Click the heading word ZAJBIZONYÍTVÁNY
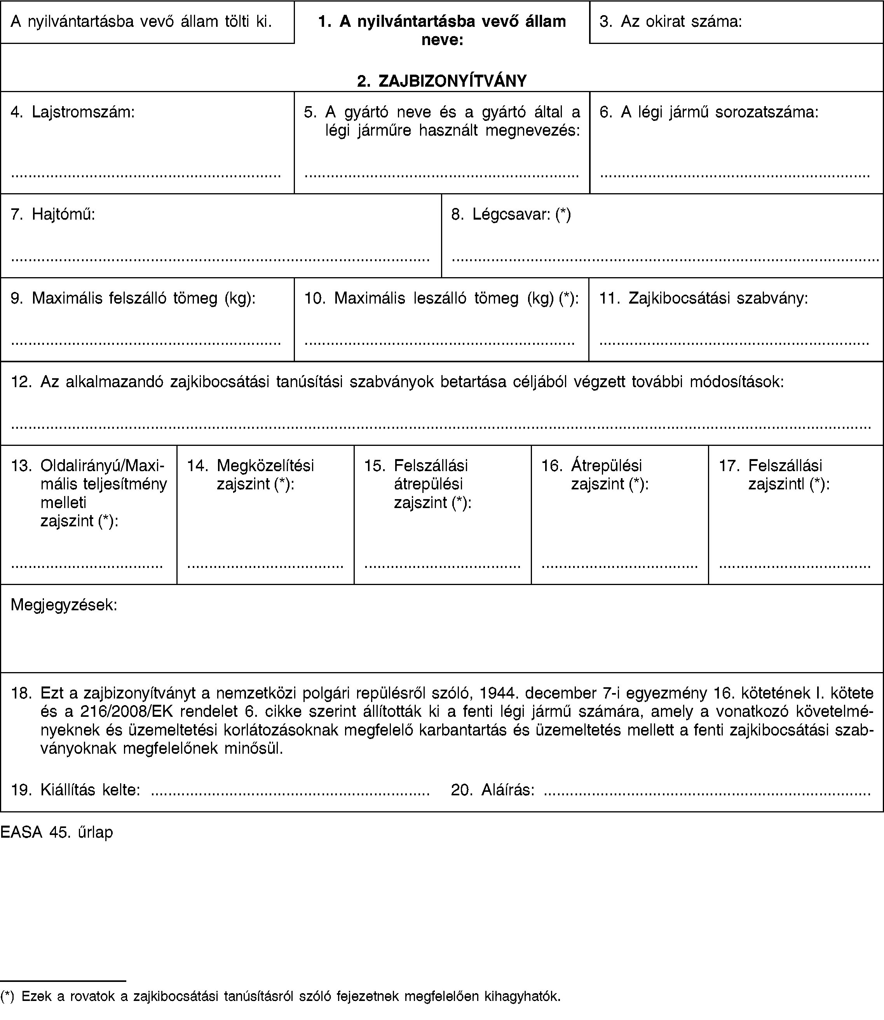pos(452,80)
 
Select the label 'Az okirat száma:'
pos(681,21)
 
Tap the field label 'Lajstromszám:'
pos(83,112)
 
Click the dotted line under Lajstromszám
pos(146,175)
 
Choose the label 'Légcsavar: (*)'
pos(521,214)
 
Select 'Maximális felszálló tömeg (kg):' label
pos(143,298)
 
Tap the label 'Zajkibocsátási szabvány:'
pos(718,298)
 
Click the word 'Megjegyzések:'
pos(64,604)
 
